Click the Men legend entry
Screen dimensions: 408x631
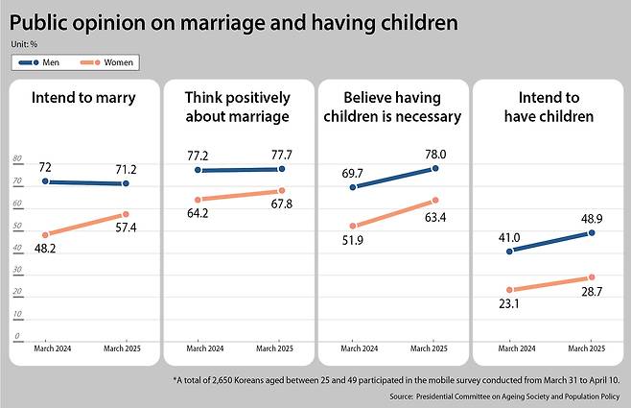tap(44, 62)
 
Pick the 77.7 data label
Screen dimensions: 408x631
tap(281, 154)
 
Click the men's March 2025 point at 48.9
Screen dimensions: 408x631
tap(592, 232)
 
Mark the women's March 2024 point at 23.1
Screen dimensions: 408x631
tap(509, 289)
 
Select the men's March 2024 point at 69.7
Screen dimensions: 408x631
tap(354, 187)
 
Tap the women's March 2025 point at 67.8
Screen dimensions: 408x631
tap(281, 190)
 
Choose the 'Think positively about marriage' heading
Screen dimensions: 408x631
tap(237, 108)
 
